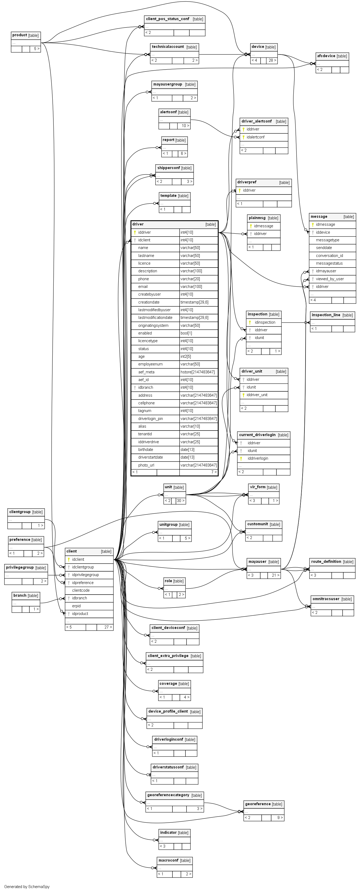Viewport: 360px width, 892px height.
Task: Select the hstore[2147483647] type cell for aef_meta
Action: [x=197, y=372]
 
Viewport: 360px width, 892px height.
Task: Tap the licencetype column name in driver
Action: [x=148, y=341]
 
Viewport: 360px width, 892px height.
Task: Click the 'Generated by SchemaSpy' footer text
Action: [x=27, y=886]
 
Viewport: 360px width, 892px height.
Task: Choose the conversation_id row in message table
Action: [x=329, y=256]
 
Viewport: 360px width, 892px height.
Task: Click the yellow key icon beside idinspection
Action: [x=250, y=322]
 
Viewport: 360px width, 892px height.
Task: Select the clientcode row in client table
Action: [x=81, y=590]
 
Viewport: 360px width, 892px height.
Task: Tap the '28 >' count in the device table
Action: [x=272, y=60]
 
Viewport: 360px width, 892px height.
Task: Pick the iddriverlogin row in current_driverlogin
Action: [x=258, y=458]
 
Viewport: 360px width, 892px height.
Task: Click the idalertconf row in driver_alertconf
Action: [x=256, y=137]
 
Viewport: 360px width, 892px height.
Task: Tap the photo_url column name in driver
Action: [x=146, y=465]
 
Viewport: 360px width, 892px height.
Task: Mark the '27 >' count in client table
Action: [x=107, y=627]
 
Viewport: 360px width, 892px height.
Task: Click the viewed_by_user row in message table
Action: [x=330, y=279]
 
